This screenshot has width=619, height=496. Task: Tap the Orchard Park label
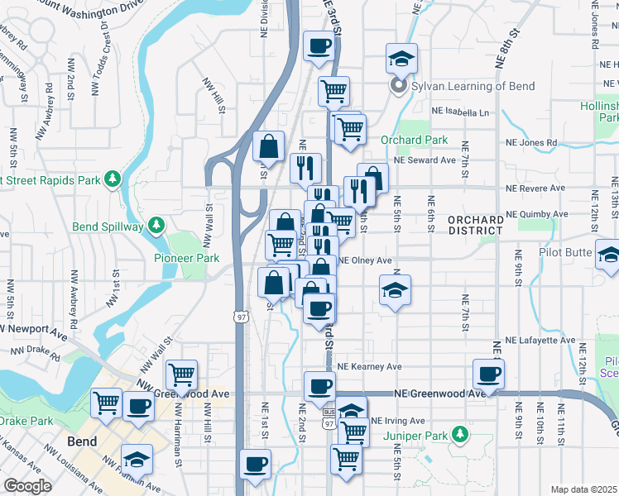[x=414, y=140]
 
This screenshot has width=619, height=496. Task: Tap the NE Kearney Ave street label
[x=369, y=366]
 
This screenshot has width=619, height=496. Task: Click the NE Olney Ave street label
[x=364, y=260]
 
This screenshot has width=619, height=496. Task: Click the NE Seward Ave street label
[x=425, y=160]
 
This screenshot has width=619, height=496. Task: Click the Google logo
[x=27, y=486]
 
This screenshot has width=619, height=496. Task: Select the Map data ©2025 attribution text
[x=583, y=489]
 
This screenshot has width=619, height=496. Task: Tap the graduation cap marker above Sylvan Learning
[x=401, y=60]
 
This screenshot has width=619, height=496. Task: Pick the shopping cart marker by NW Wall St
[x=181, y=374]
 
